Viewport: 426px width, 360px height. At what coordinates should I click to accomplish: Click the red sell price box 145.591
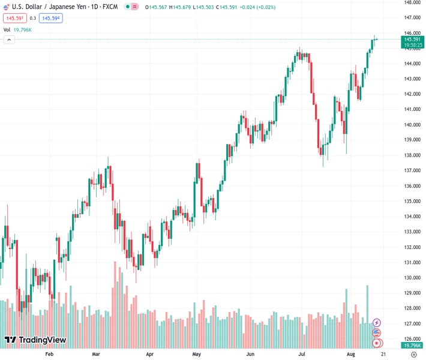click(x=14, y=18)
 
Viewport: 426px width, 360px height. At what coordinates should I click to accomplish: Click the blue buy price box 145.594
click(x=50, y=18)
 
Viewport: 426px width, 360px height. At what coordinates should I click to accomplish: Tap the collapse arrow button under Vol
click(x=9, y=40)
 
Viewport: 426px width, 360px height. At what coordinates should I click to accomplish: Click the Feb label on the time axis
click(x=49, y=355)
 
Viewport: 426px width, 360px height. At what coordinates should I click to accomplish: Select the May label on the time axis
click(x=196, y=355)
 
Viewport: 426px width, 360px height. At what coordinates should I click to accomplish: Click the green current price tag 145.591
click(x=412, y=39)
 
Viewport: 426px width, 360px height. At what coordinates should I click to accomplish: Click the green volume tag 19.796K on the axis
click(x=412, y=346)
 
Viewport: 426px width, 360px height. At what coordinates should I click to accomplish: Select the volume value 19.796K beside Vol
click(x=22, y=29)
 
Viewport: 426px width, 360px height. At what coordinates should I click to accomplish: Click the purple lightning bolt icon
click(x=377, y=323)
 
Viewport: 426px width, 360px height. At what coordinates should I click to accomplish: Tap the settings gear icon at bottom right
click(x=413, y=355)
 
